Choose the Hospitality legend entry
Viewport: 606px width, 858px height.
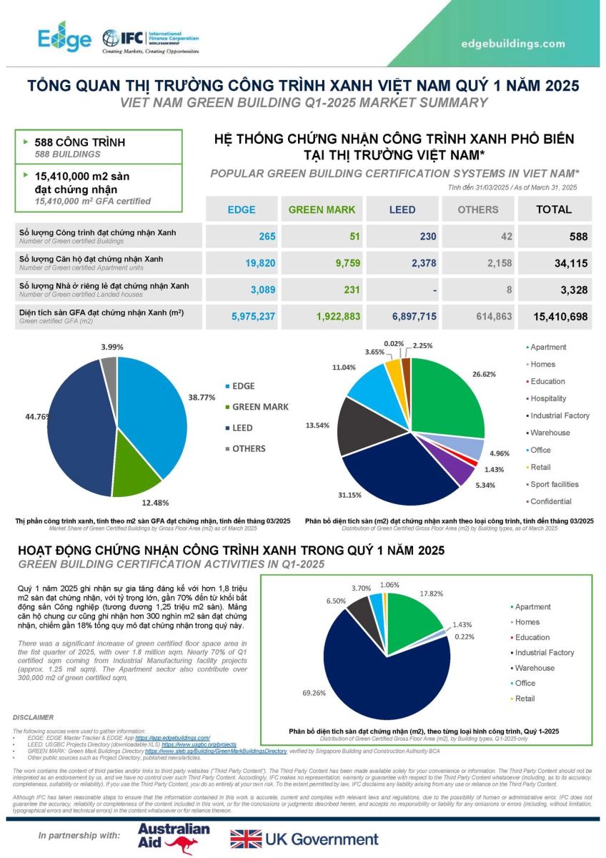point(548,398)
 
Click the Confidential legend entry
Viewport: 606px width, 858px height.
point(551,501)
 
